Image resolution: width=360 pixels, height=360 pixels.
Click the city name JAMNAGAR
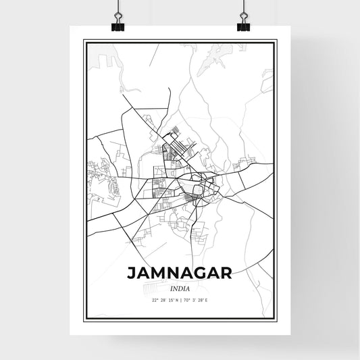pos(179,273)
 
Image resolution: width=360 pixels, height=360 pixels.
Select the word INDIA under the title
pos(180,289)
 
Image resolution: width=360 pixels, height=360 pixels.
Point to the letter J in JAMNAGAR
pos(130,273)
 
